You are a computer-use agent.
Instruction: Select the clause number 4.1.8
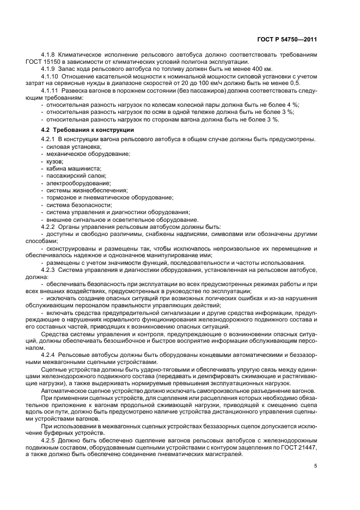click(49, 55)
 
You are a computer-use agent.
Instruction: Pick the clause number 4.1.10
click(51, 76)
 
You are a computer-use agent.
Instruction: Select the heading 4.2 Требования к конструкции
click(87, 130)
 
